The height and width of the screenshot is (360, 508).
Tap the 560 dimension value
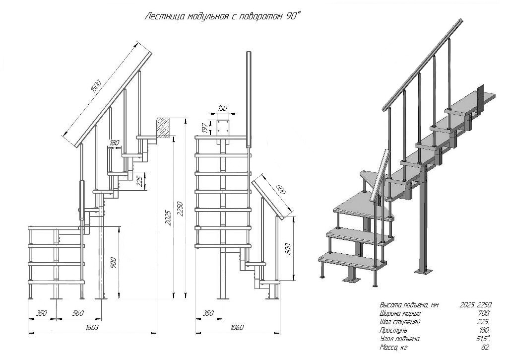tap(78, 314)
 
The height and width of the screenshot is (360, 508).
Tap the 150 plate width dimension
tap(222, 108)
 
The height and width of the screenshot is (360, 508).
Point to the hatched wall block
tap(163, 127)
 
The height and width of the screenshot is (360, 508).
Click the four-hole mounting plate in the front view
tap(223, 126)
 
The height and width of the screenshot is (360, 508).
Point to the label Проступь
tap(393, 330)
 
